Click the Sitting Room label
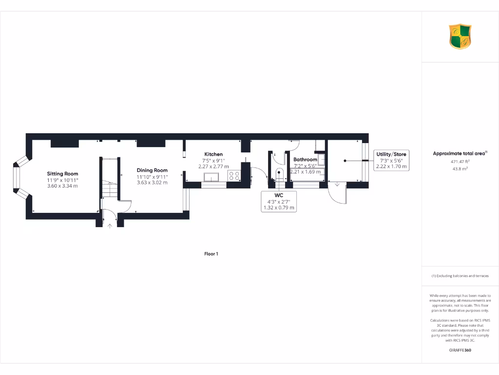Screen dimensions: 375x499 click(x=62, y=173)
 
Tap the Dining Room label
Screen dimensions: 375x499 click(x=152, y=170)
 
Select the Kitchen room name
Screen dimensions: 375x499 click(x=213, y=154)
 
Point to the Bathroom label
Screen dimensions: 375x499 click(x=305, y=159)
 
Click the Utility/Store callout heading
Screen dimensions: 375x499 click(x=391, y=154)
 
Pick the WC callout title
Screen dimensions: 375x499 click(x=278, y=195)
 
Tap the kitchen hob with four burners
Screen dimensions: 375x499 click(x=234, y=176)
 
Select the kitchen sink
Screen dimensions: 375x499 click(x=213, y=176)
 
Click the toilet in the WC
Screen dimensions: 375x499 click(x=279, y=174)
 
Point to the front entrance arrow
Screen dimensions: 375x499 click(x=110, y=225)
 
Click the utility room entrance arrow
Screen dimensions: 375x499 click(x=337, y=185)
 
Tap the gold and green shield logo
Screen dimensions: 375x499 click(x=460, y=37)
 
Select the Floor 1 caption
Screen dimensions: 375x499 click(x=211, y=254)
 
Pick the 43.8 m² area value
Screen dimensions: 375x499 click(x=460, y=168)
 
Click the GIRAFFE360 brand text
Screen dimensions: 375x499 click(x=460, y=350)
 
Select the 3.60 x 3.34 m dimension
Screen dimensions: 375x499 click(x=62, y=186)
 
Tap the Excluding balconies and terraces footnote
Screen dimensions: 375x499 click(x=460, y=276)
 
